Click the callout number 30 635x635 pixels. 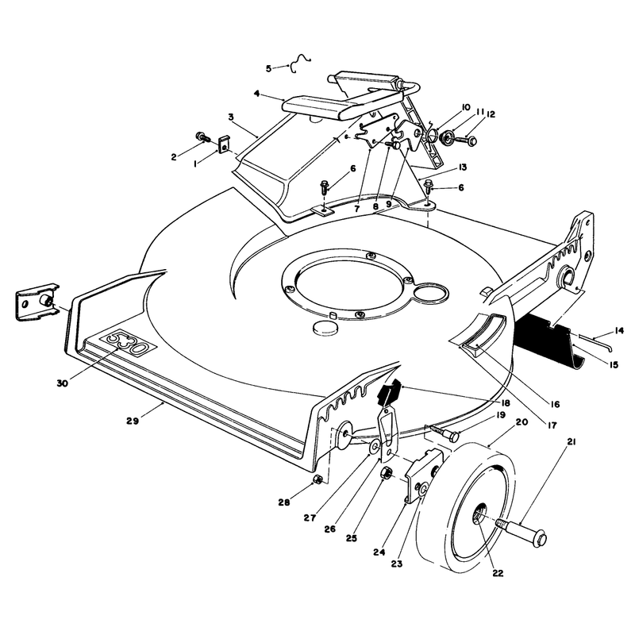tap(63, 383)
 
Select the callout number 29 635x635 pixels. tap(133, 421)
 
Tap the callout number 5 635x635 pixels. tap(268, 68)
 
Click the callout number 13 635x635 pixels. tap(451, 167)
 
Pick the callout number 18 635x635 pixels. tap(505, 403)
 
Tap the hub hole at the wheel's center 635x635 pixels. tap(479, 514)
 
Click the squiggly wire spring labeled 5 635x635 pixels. tap(301, 63)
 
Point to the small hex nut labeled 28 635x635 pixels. tap(318, 479)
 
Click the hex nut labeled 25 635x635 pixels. tap(387, 473)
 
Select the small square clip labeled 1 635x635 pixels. tap(223, 144)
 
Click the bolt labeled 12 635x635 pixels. tap(467, 140)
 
